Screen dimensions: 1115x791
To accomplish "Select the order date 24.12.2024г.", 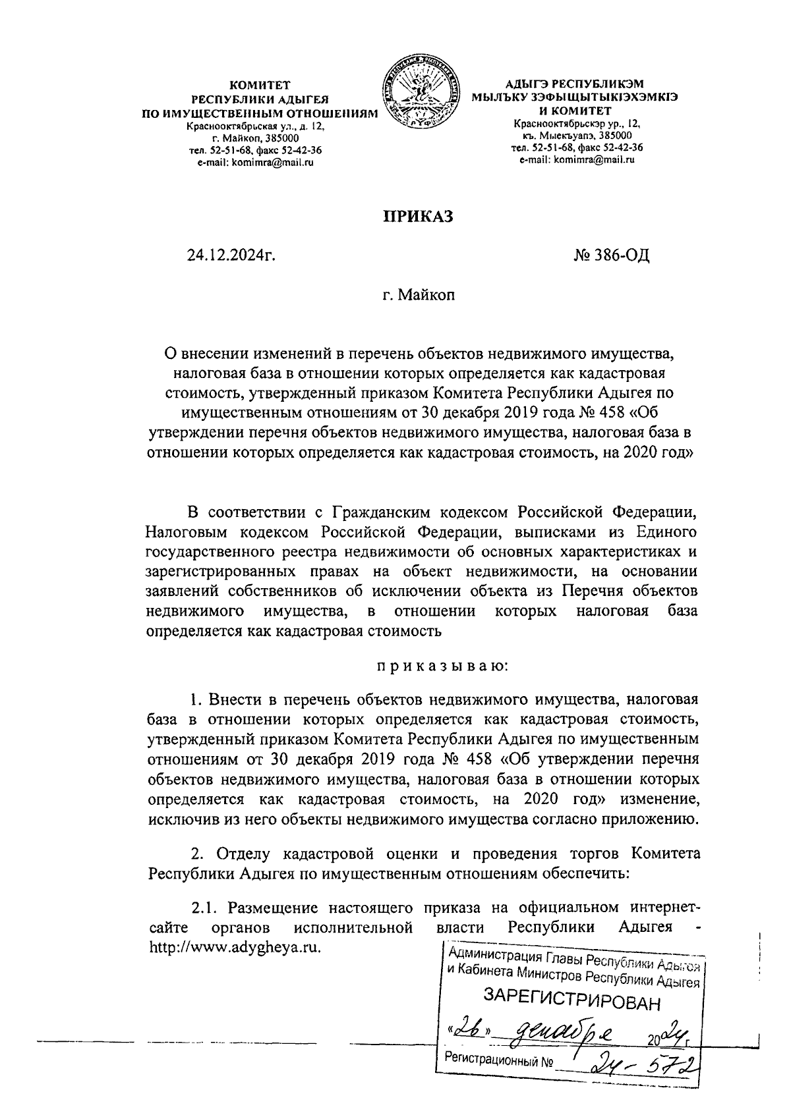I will click(231, 255).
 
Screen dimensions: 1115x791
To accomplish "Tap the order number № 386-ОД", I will click(612, 255).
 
